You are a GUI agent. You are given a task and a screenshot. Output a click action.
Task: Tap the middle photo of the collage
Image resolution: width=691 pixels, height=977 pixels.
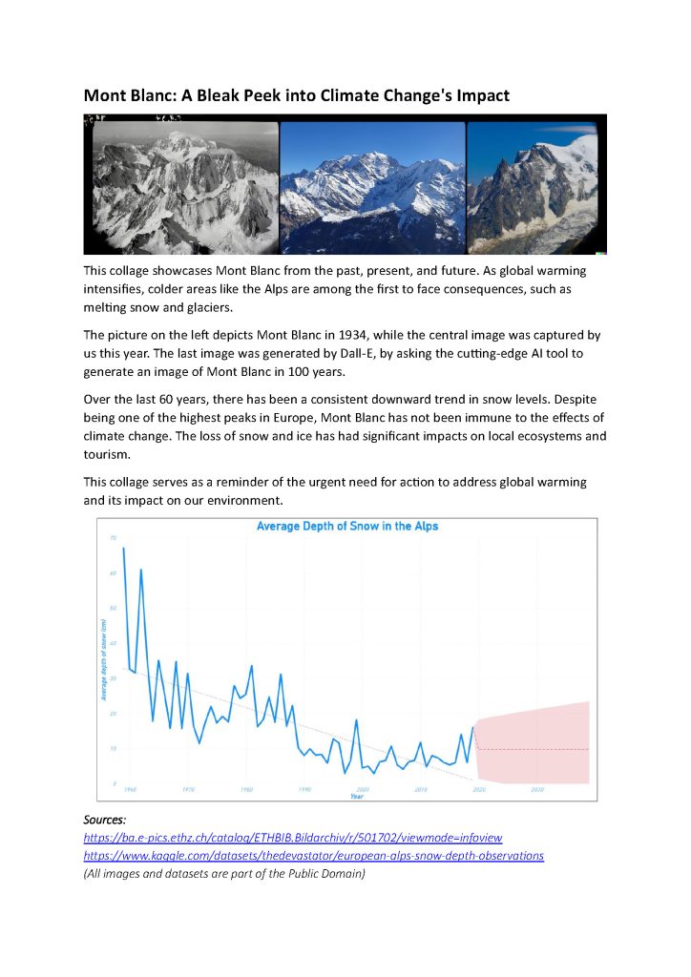click(372, 186)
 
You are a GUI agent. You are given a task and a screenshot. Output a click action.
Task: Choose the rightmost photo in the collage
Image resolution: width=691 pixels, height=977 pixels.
click(534, 186)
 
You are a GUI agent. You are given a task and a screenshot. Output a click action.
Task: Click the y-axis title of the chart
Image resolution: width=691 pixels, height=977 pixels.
click(103, 659)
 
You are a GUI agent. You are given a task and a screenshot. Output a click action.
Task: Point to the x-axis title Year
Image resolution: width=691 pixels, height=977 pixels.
click(356, 796)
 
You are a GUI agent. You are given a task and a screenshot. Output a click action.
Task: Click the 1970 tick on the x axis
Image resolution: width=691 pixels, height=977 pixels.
click(189, 790)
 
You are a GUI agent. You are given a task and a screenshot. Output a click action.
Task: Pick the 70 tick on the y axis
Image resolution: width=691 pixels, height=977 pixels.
click(113, 538)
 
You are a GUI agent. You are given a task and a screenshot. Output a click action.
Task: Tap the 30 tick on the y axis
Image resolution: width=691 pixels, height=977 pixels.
click(113, 678)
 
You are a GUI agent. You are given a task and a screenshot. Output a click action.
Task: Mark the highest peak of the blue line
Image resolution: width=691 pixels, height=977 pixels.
click(124, 548)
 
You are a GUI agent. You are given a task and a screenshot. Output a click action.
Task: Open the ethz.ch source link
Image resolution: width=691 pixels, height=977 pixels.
click(293, 837)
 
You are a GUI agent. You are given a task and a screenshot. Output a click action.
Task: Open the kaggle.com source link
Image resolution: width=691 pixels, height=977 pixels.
click(313, 856)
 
